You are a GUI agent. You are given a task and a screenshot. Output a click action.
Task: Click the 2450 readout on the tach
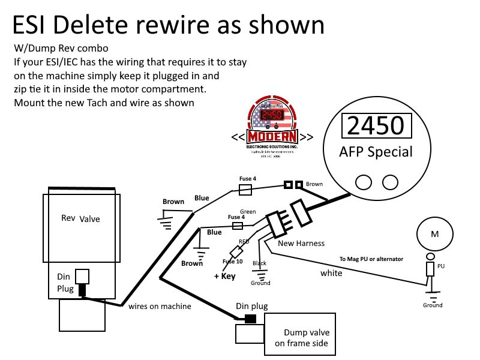tap(376, 126)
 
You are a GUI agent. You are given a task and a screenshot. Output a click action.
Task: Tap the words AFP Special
tap(376, 151)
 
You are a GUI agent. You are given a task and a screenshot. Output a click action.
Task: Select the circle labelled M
tap(433, 233)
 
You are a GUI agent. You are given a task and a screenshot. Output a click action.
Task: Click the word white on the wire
tap(331, 273)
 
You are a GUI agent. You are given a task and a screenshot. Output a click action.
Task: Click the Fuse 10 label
tap(232, 262)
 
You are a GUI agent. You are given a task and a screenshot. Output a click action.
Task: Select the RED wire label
tap(244, 241)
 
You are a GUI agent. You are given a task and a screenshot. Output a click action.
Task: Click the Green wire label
tap(248, 211)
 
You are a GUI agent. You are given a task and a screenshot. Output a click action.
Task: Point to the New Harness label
tap(301, 243)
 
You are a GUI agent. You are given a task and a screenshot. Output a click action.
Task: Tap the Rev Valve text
tap(81, 218)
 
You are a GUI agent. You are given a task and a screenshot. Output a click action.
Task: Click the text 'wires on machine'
tap(160, 306)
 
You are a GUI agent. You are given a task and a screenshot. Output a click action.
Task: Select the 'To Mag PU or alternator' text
tap(371, 259)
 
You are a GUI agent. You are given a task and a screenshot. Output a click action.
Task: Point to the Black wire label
tap(259, 263)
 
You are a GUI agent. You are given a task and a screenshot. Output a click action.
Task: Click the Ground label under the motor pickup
tap(433, 305)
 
